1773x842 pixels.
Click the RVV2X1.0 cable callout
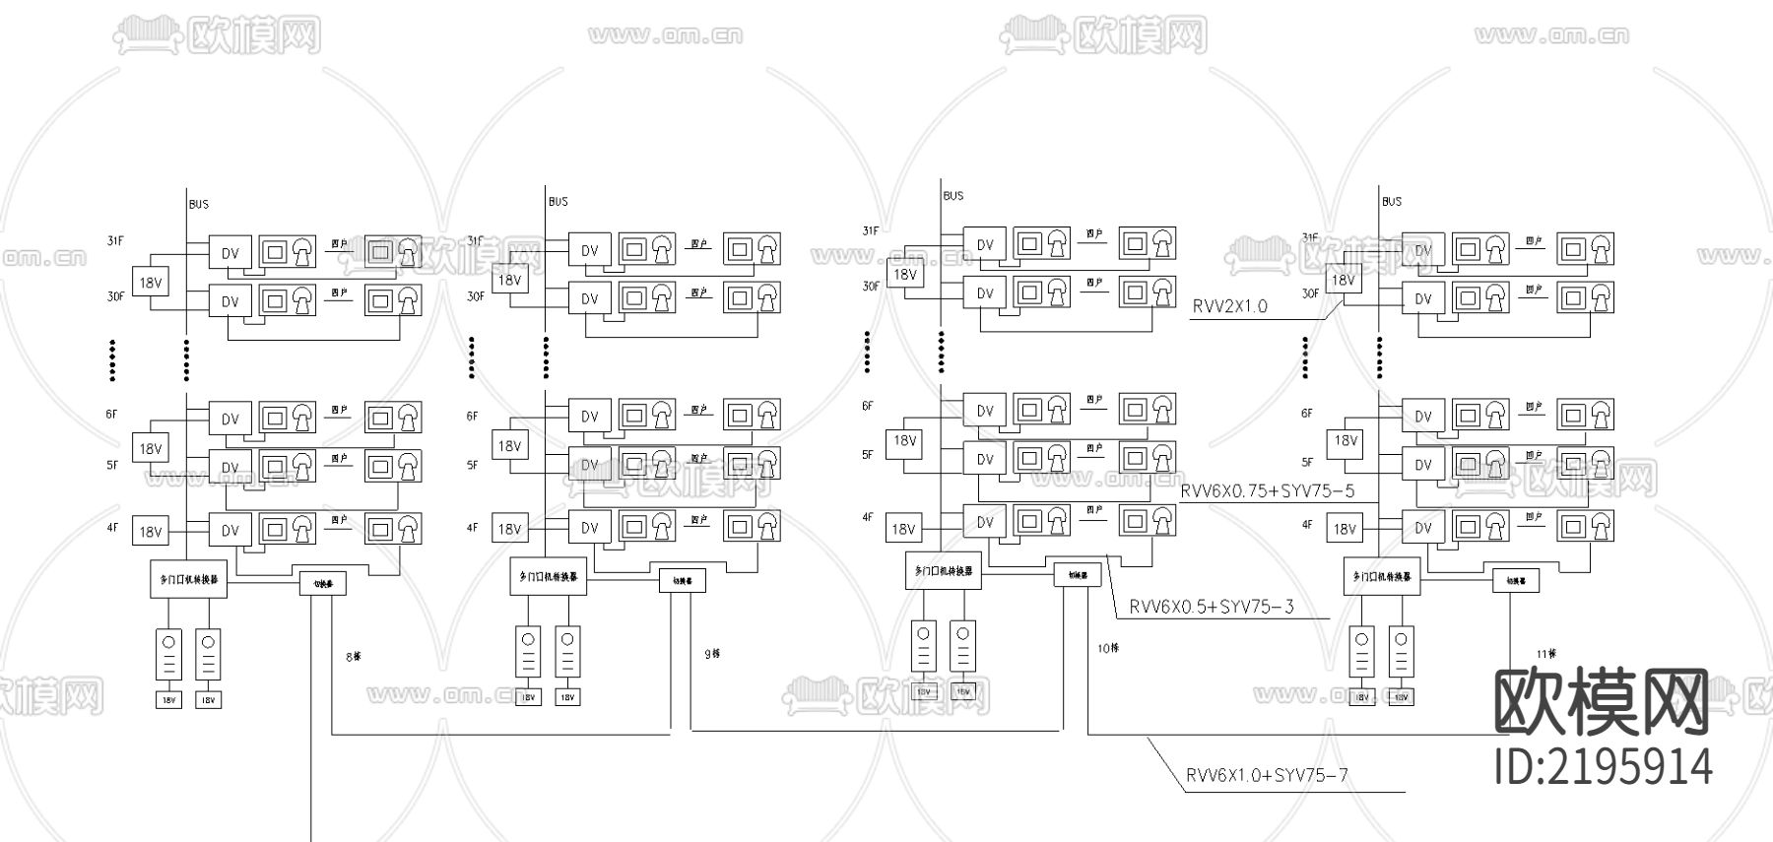pos(1229,306)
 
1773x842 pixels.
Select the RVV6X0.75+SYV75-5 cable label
pos(1267,490)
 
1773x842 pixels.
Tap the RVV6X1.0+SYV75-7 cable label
pos(1266,775)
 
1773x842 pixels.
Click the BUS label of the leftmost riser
pos(199,205)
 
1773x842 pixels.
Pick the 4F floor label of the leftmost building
pos(112,528)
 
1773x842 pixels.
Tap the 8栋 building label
pos(353,656)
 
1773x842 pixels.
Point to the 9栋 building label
pos(712,653)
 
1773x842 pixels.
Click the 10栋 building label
pos(1107,648)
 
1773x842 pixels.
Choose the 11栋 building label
pos(1546,653)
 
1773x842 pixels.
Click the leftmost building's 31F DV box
pos(230,253)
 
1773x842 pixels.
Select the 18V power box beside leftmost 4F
pos(150,532)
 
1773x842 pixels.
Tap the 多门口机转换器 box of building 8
pos(188,580)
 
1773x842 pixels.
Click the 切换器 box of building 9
pos(682,581)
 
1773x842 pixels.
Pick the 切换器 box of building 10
pos(1077,574)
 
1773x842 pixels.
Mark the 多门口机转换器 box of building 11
pos(1381,576)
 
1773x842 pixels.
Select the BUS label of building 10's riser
pos(952,196)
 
